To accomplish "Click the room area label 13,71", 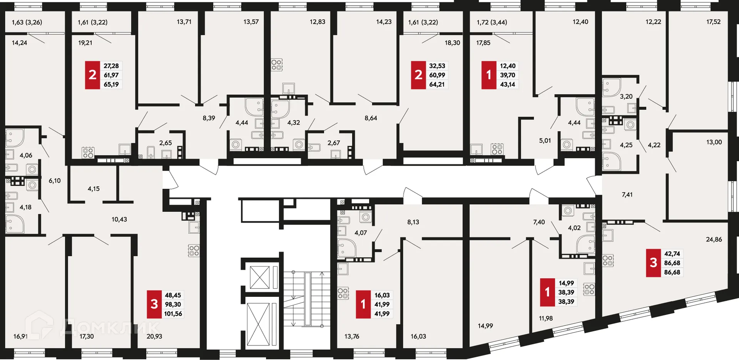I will click(184, 22).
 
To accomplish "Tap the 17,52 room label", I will click(713, 22).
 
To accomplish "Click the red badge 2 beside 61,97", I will click(92, 75).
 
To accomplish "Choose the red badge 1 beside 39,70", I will click(489, 75).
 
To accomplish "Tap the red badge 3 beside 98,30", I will click(154, 304).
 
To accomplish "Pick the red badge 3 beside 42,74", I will click(653, 263).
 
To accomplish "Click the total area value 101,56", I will click(173, 314).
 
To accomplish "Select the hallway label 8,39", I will click(209, 118).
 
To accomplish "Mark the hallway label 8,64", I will click(371, 118).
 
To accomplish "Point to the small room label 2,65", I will click(166, 143).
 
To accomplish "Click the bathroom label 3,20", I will click(626, 97).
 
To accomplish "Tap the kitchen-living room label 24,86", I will click(714, 239).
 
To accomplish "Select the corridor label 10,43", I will click(119, 219).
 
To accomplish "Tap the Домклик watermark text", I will click(110, 328).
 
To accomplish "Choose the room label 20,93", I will click(154, 337).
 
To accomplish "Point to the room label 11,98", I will click(546, 318).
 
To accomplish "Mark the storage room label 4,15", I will click(94, 189).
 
